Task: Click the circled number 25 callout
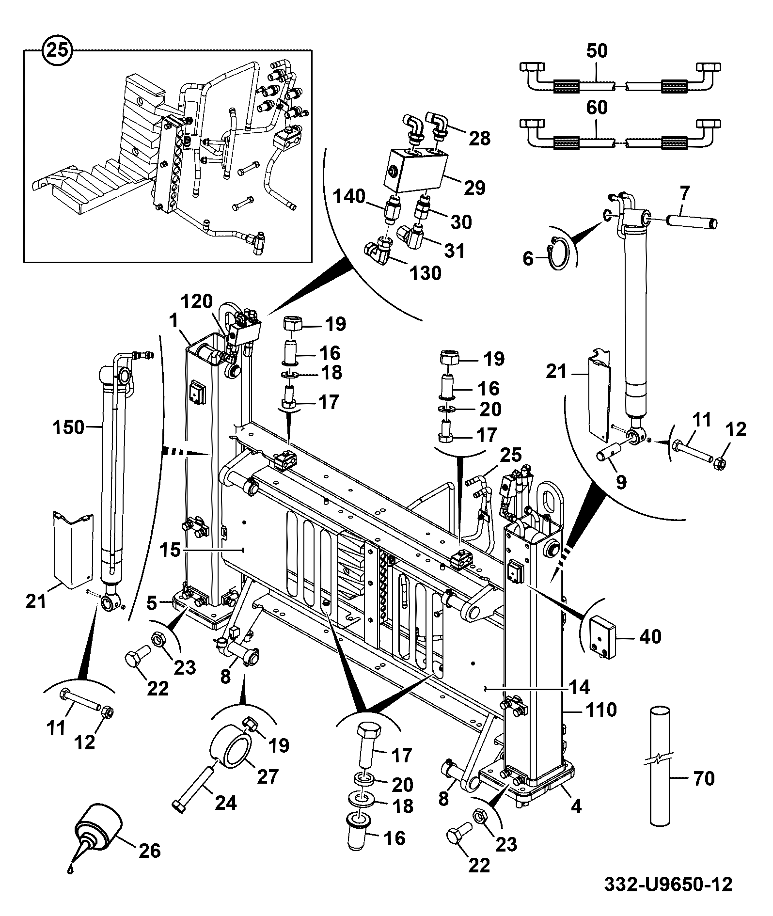click(x=58, y=49)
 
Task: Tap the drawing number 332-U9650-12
click(x=667, y=884)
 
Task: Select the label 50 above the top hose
click(x=597, y=51)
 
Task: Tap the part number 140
click(x=349, y=196)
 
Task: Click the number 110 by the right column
click(x=600, y=710)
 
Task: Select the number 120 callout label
click(x=197, y=301)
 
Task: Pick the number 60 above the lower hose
click(x=597, y=108)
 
